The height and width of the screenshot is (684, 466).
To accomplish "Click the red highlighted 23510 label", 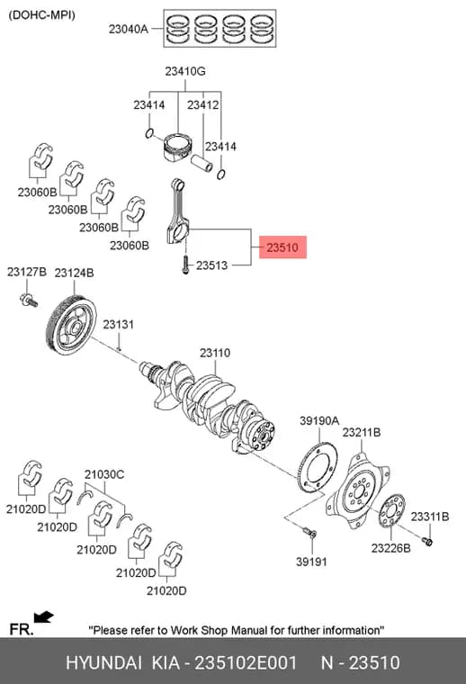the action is (x=282, y=247).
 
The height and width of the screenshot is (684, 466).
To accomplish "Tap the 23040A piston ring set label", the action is (x=128, y=29).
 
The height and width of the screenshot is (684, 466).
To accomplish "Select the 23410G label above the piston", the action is (x=184, y=71).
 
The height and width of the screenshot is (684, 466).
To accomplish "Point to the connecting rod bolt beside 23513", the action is (x=185, y=265).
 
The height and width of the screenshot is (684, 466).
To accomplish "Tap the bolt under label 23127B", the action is (x=29, y=300).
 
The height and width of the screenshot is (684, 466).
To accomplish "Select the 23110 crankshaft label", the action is (x=215, y=353).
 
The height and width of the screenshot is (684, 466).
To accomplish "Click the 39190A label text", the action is (x=319, y=420).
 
